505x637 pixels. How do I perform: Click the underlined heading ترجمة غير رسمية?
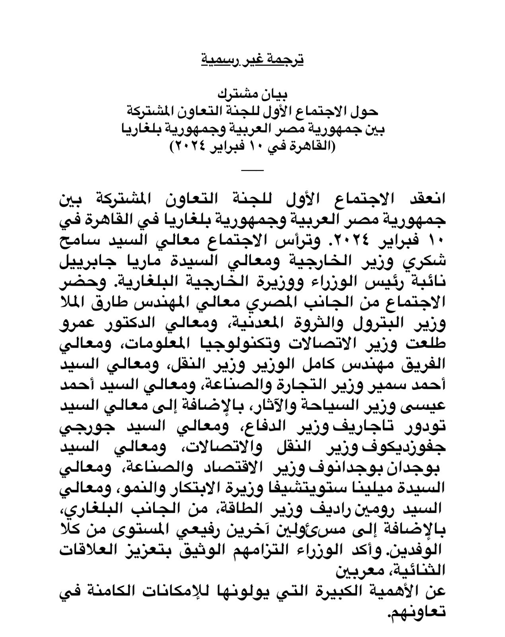[252, 60]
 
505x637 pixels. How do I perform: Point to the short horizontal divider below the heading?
[252, 171]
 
